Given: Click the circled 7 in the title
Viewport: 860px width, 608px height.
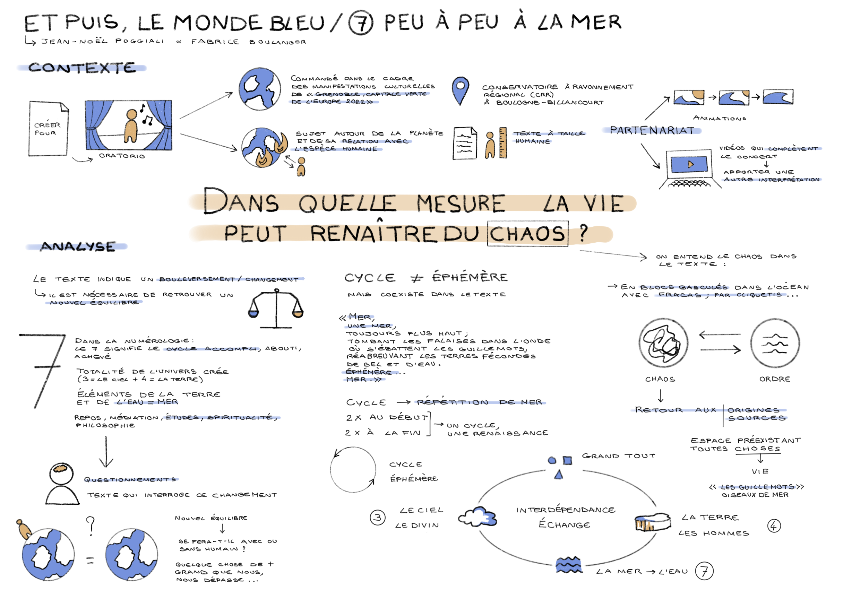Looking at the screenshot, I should tap(360, 23).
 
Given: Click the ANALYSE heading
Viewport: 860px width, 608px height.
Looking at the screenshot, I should tap(78, 246).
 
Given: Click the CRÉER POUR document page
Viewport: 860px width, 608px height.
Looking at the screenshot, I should tap(48, 128).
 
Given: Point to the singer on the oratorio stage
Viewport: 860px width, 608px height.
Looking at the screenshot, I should tap(131, 126).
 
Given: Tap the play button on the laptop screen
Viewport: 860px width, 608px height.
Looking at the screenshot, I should tap(690, 164).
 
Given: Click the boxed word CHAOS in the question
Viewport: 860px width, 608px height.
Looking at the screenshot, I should tap(527, 234).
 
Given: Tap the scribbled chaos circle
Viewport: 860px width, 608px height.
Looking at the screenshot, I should tap(663, 343).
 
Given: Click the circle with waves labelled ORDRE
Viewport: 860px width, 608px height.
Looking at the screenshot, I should tap(775, 343).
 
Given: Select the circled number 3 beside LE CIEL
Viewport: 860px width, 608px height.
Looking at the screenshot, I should tap(377, 518).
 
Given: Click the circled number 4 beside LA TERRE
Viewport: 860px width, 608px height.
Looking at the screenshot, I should tap(774, 526).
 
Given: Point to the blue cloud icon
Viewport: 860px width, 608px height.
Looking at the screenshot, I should tap(478, 517).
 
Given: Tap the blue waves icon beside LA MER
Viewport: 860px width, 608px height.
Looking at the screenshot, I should tap(569, 565).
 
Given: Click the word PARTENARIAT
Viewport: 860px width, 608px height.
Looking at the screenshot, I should tap(652, 130).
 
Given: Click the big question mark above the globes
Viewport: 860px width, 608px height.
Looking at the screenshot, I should tap(90, 526).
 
